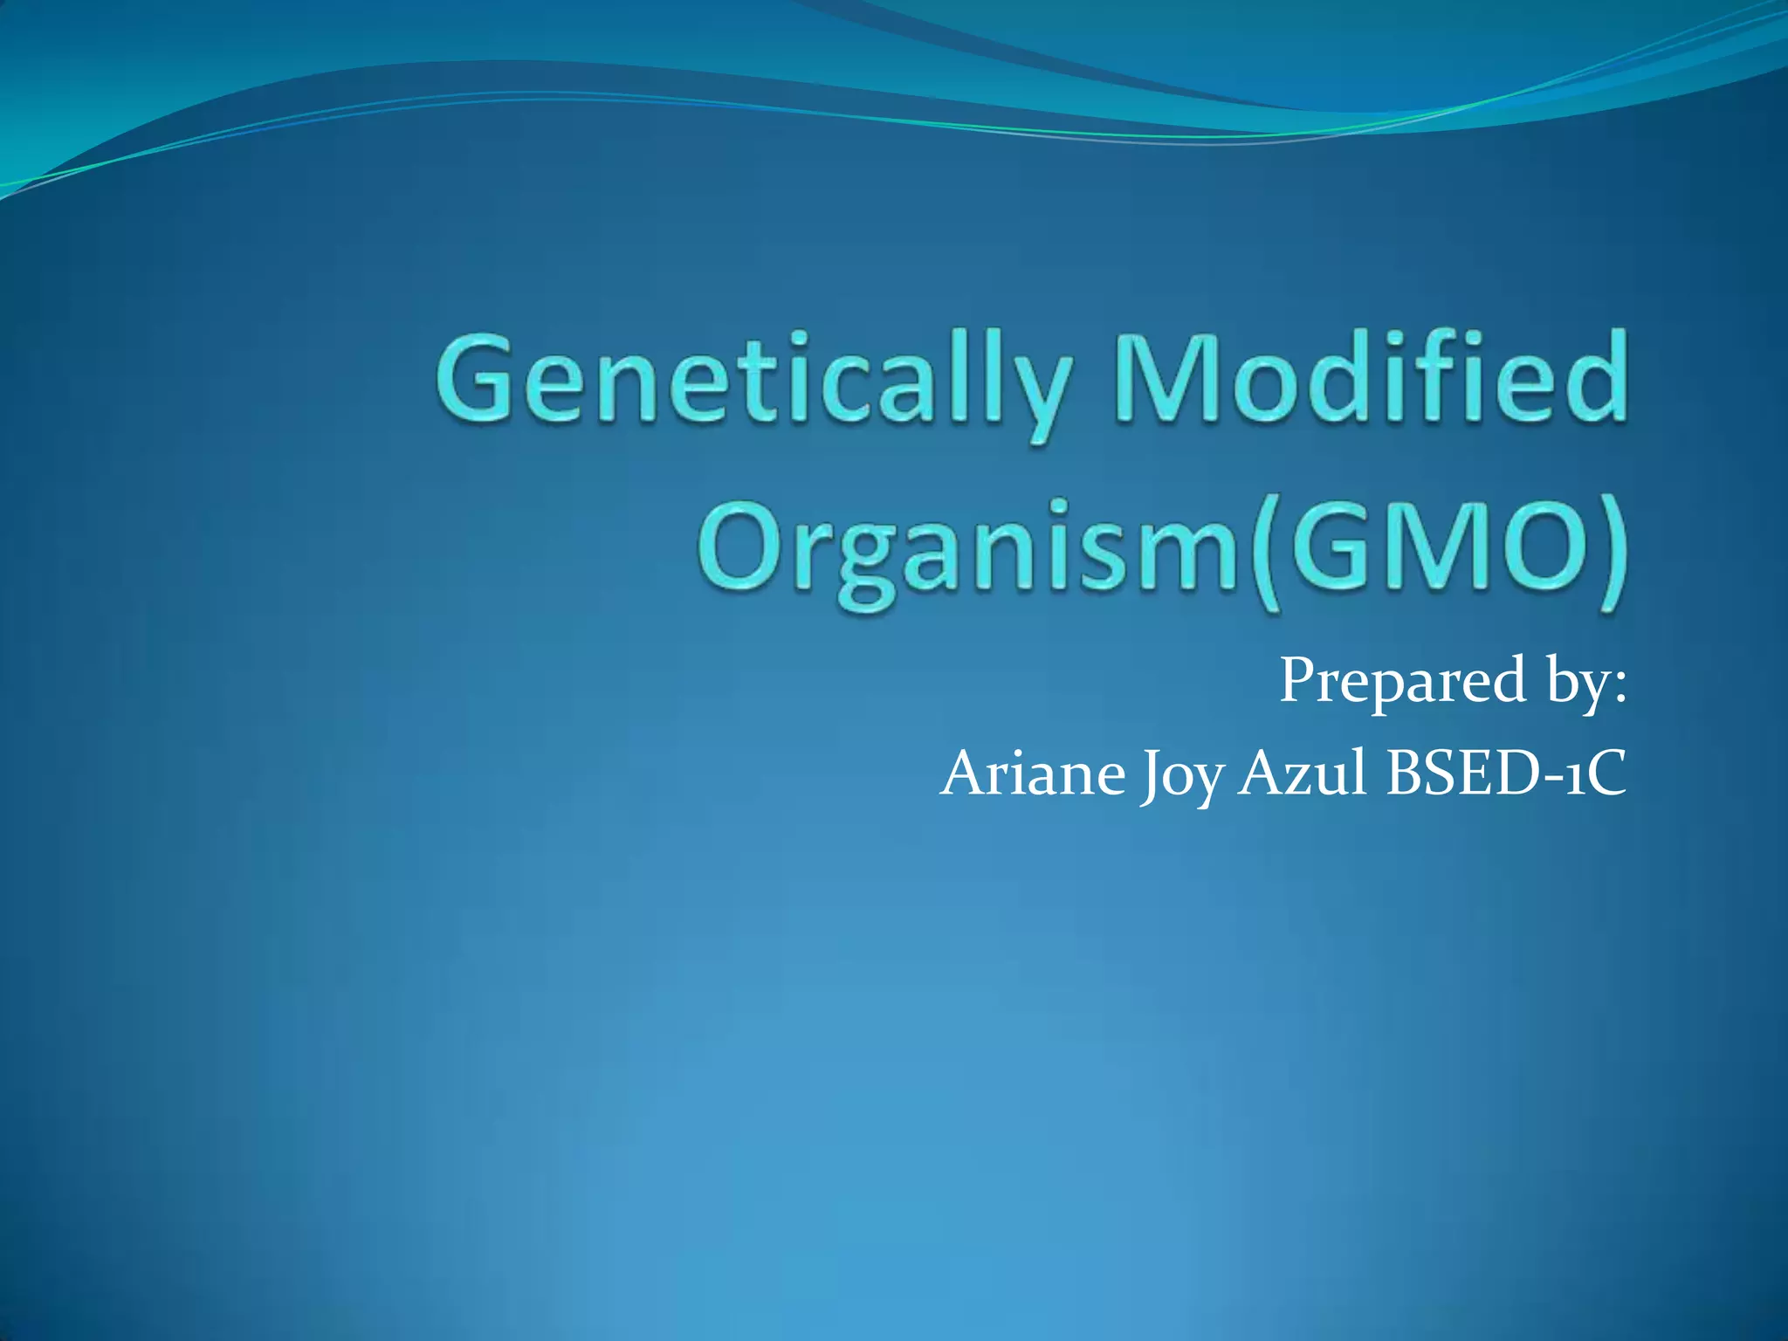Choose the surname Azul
(1302, 774)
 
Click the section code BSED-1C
(1506, 774)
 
